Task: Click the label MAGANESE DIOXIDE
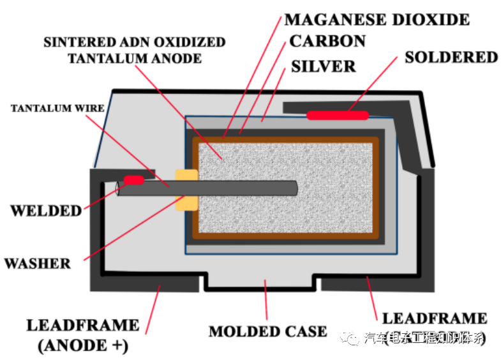(x=377, y=19)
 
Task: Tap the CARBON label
(x=327, y=41)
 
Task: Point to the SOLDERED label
(x=451, y=57)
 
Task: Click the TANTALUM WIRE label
(x=57, y=108)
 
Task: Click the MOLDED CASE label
(x=268, y=331)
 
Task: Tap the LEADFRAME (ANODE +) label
(x=82, y=335)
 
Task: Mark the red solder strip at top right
(x=338, y=116)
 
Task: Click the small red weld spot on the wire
(x=133, y=181)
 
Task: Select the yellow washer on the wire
(x=186, y=190)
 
